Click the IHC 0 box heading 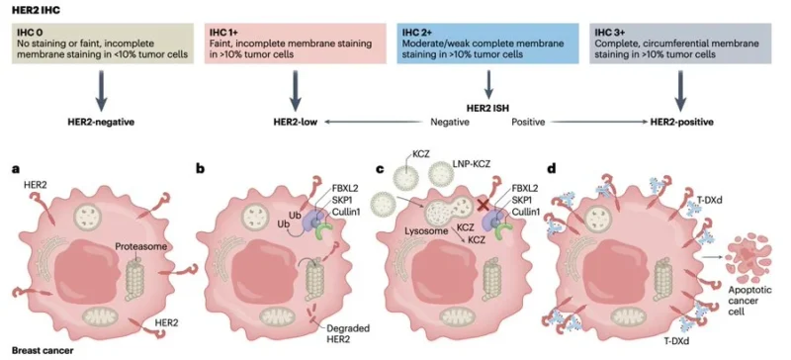pyautogui.click(x=28, y=33)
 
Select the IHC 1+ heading pyautogui.click(x=223, y=33)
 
